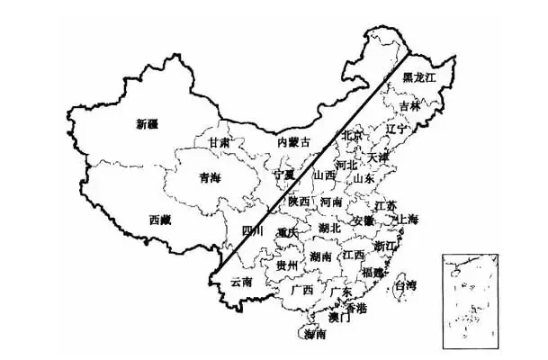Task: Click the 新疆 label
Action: [x=148, y=123]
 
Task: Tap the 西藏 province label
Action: [x=160, y=219]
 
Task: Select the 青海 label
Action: [x=209, y=178]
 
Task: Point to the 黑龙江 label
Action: [x=418, y=78]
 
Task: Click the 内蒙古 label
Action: [x=293, y=142]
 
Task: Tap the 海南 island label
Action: [x=315, y=335]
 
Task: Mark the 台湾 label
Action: [x=406, y=286]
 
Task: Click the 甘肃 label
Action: [x=219, y=143]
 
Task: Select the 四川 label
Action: [x=254, y=231]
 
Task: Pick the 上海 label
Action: [x=407, y=219]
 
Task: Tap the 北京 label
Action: [x=352, y=135]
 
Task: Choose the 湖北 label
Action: [x=329, y=228]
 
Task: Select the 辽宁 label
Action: [x=396, y=130]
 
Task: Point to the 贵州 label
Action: [x=287, y=265]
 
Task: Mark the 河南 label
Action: [x=329, y=202]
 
